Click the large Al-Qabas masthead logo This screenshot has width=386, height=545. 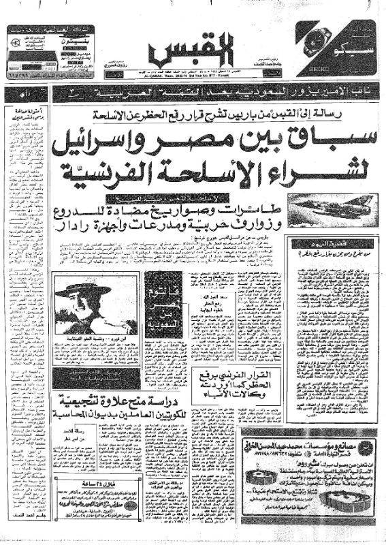pos(193,48)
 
